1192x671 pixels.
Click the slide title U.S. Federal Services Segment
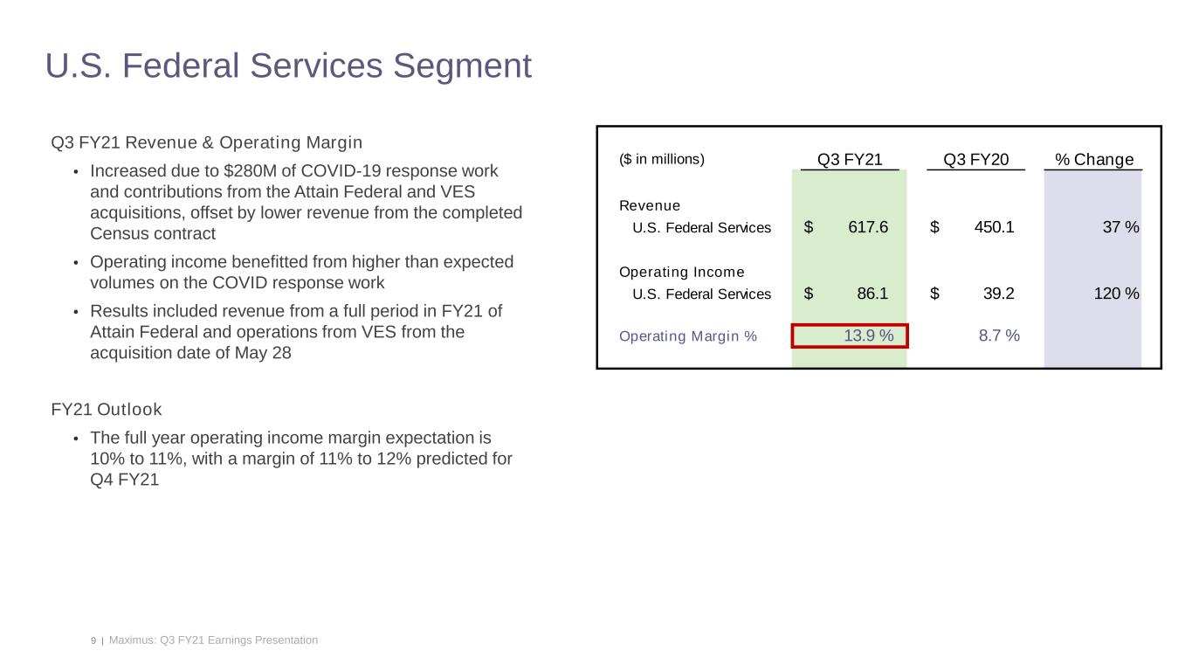[288, 66]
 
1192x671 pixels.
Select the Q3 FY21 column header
[850, 159]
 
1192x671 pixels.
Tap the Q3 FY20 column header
[975, 159]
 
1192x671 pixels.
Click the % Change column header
[1093, 159]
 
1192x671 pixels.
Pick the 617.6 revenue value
[867, 227]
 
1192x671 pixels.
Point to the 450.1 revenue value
[994, 227]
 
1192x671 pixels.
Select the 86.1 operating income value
[872, 294]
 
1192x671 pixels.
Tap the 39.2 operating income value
[998, 294]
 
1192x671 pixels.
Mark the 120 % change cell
[1115, 294]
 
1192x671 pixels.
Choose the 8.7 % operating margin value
[999, 335]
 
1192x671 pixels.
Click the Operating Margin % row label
[687, 335]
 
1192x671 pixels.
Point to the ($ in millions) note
[661, 159]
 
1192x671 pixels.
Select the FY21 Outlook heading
[107, 409]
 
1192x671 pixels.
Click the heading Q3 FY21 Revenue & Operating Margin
[206, 142]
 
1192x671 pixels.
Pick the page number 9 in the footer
[93, 640]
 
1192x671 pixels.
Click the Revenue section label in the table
[649, 205]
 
